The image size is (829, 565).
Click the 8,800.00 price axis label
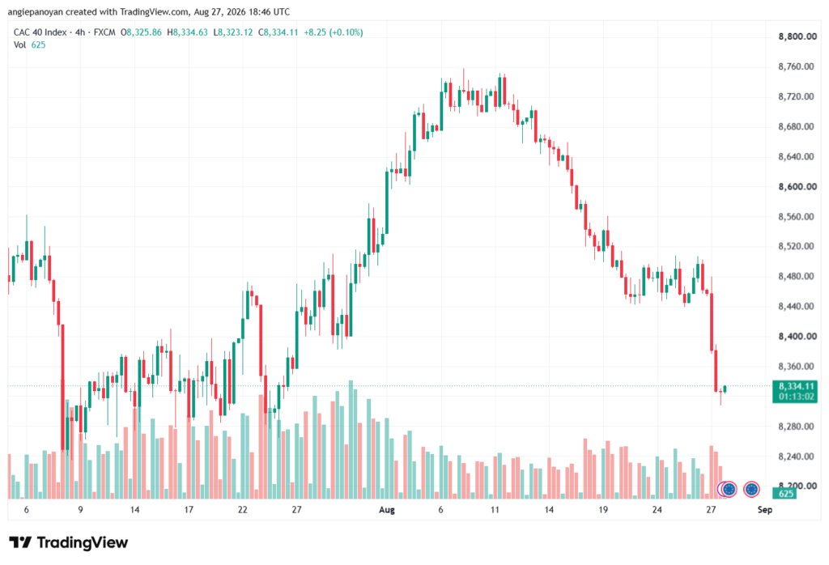(x=797, y=36)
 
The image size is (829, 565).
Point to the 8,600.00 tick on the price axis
(x=797, y=186)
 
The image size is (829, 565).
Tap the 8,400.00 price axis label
(x=797, y=336)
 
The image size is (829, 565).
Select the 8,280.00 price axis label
(x=797, y=426)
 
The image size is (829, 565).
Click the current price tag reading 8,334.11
(x=796, y=386)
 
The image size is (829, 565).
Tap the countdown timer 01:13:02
(x=796, y=397)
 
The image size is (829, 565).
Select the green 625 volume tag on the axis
(x=786, y=494)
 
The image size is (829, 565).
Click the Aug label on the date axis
(x=387, y=510)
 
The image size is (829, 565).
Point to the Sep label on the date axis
(x=764, y=510)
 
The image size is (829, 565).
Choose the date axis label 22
(x=243, y=510)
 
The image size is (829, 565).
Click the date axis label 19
(x=603, y=510)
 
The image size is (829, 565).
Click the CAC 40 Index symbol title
(x=40, y=32)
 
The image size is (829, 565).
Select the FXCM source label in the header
(x=104, y=32)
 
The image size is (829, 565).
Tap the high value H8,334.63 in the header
(x=187, y=32)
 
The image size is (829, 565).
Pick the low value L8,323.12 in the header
(x=233, y=32)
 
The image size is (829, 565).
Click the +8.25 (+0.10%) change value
(x=334, y=32)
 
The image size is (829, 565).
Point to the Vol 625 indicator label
(x=30, y=45)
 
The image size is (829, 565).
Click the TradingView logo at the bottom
(x=69, y=543)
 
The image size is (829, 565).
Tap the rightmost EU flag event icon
(x=751, y=490)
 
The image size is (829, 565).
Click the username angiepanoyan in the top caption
(x=35, y=11)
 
